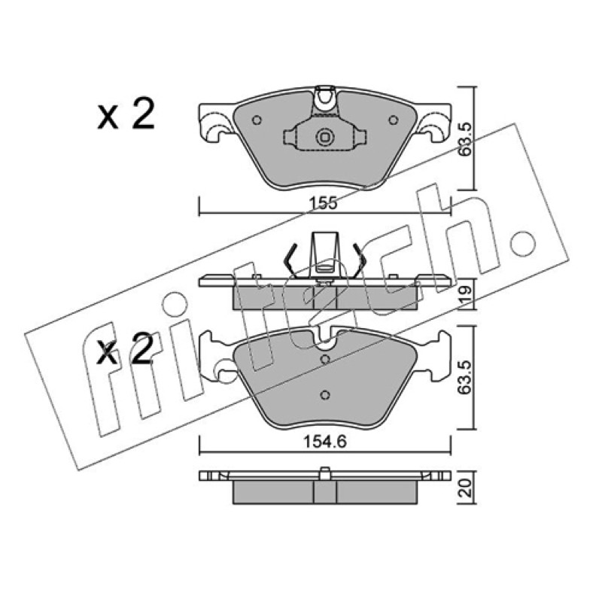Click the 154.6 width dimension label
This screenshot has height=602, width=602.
(x=325, y=442)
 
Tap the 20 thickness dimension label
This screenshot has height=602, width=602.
(x=465, y=488)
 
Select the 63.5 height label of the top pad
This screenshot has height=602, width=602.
(x=466, y=139)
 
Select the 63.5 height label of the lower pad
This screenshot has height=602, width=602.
(x=466, y=378)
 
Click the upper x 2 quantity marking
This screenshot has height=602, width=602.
(x=126, y=114)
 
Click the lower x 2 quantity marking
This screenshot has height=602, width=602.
(x=125, y=348)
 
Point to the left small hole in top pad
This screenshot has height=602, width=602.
(x=257, y=120)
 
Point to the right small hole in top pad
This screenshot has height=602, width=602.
(x=393, y=120)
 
